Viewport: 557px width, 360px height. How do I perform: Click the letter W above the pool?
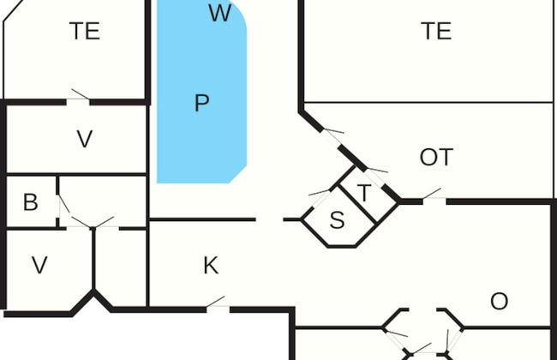click(220, 14)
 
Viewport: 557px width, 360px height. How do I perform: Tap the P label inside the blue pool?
click(202, 104)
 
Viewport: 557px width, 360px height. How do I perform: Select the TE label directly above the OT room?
click(436, 32)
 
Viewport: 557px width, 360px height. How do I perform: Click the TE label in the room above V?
click(85, 32)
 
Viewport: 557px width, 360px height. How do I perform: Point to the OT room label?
click(436, 158)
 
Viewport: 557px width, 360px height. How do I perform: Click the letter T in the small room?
click(364, 193)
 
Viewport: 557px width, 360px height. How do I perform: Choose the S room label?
click(338, 220)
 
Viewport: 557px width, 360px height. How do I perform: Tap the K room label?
click(211, 266)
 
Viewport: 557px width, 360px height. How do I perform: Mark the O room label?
click(499, 301)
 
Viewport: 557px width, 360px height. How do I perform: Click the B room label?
click(31, 203)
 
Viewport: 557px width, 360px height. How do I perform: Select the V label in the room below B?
click(39, 266)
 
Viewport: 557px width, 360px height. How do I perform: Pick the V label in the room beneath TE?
click(84, 139)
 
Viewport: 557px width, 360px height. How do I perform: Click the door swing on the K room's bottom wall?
click(215, 303)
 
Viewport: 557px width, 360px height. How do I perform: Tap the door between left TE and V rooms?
click(79, 96)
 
